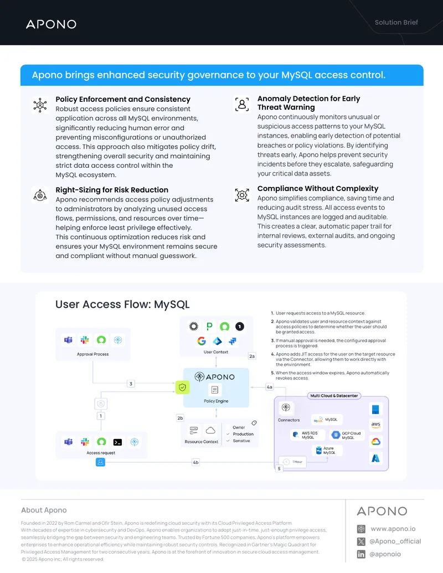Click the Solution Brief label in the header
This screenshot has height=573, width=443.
coord(396,22)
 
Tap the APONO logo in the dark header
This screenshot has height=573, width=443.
coord(51,24)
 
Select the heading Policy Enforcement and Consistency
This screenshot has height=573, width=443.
coord(123,100)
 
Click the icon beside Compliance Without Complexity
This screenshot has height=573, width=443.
coord(242,195)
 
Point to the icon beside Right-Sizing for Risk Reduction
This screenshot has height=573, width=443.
coord(40,195)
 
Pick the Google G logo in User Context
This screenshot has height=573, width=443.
coord(202,341)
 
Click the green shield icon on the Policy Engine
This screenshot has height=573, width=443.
coord(182,388)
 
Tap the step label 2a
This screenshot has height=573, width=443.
coord(252,356)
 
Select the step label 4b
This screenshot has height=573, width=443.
coord(195,462)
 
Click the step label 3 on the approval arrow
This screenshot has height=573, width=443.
coord(131,384)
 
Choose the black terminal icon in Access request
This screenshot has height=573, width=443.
coord(118,442)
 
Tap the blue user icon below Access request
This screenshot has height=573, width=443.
coord(101,462)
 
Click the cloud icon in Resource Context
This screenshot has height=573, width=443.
coord(210,430)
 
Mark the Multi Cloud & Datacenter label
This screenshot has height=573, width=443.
coord(334,396)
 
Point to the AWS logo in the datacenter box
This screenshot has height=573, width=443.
coord(376,425)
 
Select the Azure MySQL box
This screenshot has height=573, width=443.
coord(327,451)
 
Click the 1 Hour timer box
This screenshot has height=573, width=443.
coord(293,462)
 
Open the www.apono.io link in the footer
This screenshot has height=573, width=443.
coord(393,529)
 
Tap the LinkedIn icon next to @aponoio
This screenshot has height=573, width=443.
coord(361,554)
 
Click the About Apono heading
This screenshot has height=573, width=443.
coord(44,510)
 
